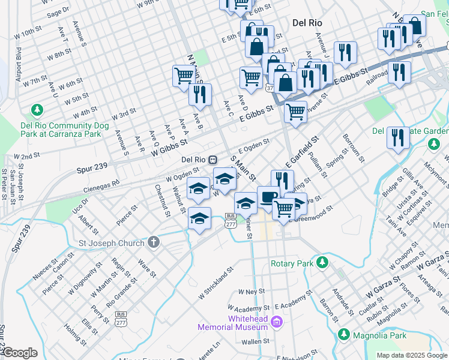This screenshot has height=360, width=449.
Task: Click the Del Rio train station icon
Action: (212, 160)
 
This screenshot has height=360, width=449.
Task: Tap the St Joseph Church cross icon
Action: (154, 243)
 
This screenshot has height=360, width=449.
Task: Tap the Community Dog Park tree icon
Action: (37, 110)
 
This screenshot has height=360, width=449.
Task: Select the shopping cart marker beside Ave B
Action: (184, 76)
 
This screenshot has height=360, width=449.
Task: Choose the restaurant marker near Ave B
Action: (199, 94)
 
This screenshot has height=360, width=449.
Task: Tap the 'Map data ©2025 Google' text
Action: (412, 355)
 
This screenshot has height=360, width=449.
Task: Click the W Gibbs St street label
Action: (170, 148)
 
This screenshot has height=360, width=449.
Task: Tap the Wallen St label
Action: (256, 341)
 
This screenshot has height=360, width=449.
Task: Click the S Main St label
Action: (244, 170)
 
